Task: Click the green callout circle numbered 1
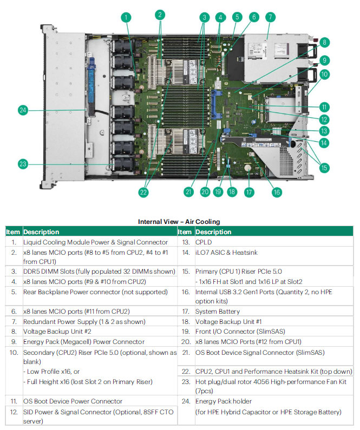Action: click(x=127, y=17)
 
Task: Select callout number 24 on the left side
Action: click(x=23, y=110)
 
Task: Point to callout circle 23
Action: click(x=23, y=163)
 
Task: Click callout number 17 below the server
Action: click(x=249, y=191)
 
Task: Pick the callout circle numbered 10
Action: click(x=324, y=74)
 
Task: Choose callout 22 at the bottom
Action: click(x=143, y=191)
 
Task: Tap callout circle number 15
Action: click(x=324, y=168)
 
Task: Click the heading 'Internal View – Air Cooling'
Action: click(x=179, y=221)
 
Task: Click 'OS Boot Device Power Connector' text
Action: click(x=73, y=401)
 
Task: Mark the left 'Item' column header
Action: click(x=13, y=231)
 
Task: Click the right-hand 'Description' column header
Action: click(x=213, y=231)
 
